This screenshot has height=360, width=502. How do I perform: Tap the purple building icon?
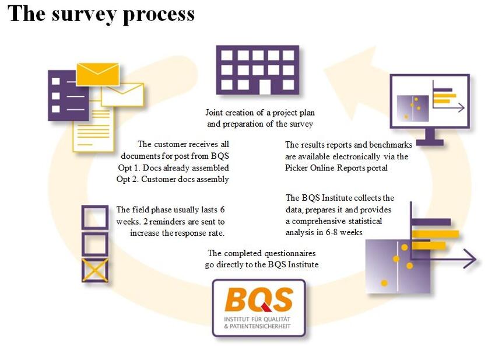coord(258,70)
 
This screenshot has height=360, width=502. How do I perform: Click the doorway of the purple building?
coord(265,87)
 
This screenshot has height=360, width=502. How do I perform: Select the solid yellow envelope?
coord(97,74)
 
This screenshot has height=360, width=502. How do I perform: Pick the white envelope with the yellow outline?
coord(122,95)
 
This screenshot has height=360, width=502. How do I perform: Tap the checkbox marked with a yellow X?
coord(95,270)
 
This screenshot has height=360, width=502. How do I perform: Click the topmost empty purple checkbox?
coord(95,217)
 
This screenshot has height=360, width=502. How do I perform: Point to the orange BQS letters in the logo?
coord(259,300)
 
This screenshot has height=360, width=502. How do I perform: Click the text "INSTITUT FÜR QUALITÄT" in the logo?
coord(257,319)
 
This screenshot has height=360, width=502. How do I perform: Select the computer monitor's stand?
coord(430,137)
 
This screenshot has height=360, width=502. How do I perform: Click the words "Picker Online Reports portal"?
coord(336,168)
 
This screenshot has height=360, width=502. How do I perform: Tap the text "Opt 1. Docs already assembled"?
coord(173,168)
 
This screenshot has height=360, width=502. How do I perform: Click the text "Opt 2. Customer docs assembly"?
coord(173,179)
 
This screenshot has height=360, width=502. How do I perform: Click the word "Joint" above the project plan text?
coord(214,113)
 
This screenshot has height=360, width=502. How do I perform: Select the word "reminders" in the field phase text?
coord(167,222)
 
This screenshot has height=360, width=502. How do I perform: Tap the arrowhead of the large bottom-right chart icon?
coord(470,258)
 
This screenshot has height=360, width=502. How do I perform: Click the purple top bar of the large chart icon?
coord(431,222)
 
